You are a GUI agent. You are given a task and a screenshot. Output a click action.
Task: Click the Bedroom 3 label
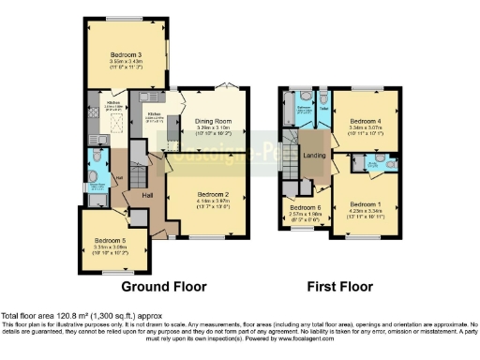pyautogui.click(x=126, y=54)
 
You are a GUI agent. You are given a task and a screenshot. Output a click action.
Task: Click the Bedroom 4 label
pyautogui.click(x=367, y=121)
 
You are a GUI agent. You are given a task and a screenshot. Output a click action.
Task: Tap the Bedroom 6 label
pyautogui.click(x=305, y=207)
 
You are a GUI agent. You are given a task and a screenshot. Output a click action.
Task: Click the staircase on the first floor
pyautogui.click(x=293, y=150)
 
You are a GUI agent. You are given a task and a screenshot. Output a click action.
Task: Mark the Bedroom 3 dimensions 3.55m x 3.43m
pyautogui.click(x=126, y=62)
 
